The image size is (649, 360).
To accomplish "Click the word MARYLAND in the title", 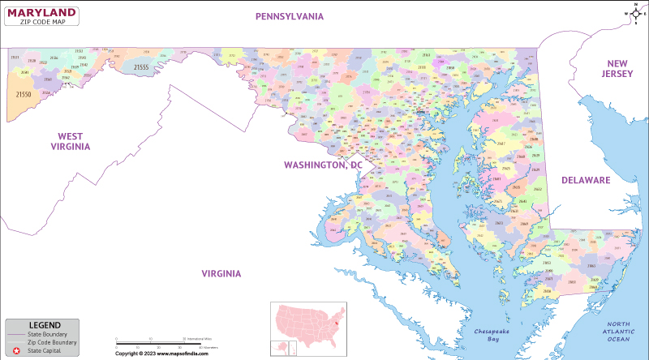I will pyautogui.click(x=43, y=12).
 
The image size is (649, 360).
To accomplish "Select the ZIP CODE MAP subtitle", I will pyautogui.click(x=43, y=22).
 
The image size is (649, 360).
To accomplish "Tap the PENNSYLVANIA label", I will pyautogui.click(x=290, y=16).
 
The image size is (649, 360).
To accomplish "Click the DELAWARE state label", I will pyautogui.click(x=585, y=180).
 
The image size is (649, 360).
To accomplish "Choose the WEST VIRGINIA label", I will pyautogui.click(x=70, y=141).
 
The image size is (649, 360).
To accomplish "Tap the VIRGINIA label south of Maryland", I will pyautogui.click(x=221, y=273).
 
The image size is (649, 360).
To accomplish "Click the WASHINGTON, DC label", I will pyautogui.click(x=322, y=165).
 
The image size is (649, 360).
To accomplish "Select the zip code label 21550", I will pyautogui.click(x=24, y=95).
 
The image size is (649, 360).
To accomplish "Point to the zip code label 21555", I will pyautogui.click(x=141, y=67).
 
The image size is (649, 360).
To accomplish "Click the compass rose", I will pyautogui.click(x=635, y=13).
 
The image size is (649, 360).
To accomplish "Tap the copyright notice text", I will pyautogui.click(x=167, y=354).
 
